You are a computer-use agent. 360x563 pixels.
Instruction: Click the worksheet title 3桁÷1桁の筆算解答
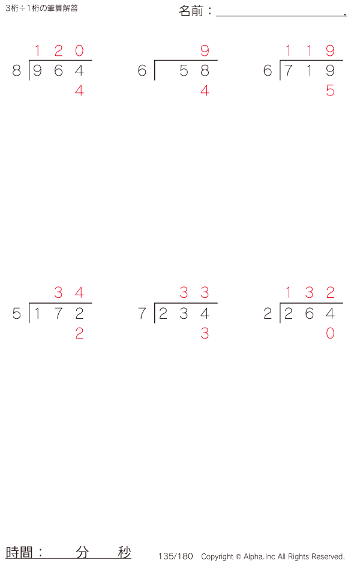tap(41, 8)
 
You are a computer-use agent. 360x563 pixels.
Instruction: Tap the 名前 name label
tap(192, 11)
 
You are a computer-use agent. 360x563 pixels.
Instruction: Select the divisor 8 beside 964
tap(16, 71)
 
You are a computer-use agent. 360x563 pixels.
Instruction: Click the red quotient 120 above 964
tap(58, 51)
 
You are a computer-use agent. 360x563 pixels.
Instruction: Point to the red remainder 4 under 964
tap(79, 91)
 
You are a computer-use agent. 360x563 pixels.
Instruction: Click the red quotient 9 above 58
tap(205, 51)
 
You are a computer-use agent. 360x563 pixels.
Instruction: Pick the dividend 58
tap(194, 71)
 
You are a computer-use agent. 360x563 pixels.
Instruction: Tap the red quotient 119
tap(310, 51)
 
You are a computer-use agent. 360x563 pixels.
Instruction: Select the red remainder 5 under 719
tap(330, 91)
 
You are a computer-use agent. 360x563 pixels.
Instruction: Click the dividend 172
tap(58, 313)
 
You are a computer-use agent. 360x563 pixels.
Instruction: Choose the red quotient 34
tap(69, 293)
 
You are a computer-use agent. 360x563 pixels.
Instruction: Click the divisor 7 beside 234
tap(142, 313)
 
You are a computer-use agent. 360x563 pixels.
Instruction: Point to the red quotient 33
tap(194, 293)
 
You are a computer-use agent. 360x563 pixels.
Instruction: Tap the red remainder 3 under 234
tap(205, 334)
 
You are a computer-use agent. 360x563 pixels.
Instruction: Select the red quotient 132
tap(310, 293)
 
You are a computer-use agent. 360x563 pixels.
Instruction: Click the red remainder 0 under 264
tap(330, 334)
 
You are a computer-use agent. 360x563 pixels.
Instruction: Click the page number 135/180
tap(176, 556)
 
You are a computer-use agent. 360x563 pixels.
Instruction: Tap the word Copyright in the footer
tap(217, 556)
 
